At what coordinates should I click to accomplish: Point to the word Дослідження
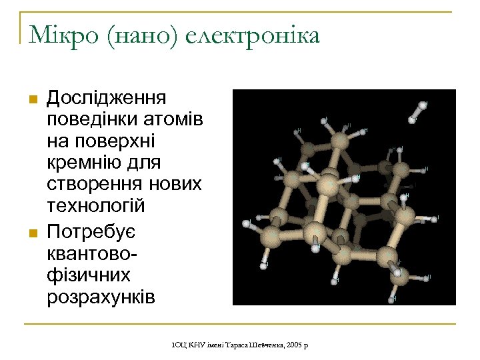(x=107, y=98)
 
